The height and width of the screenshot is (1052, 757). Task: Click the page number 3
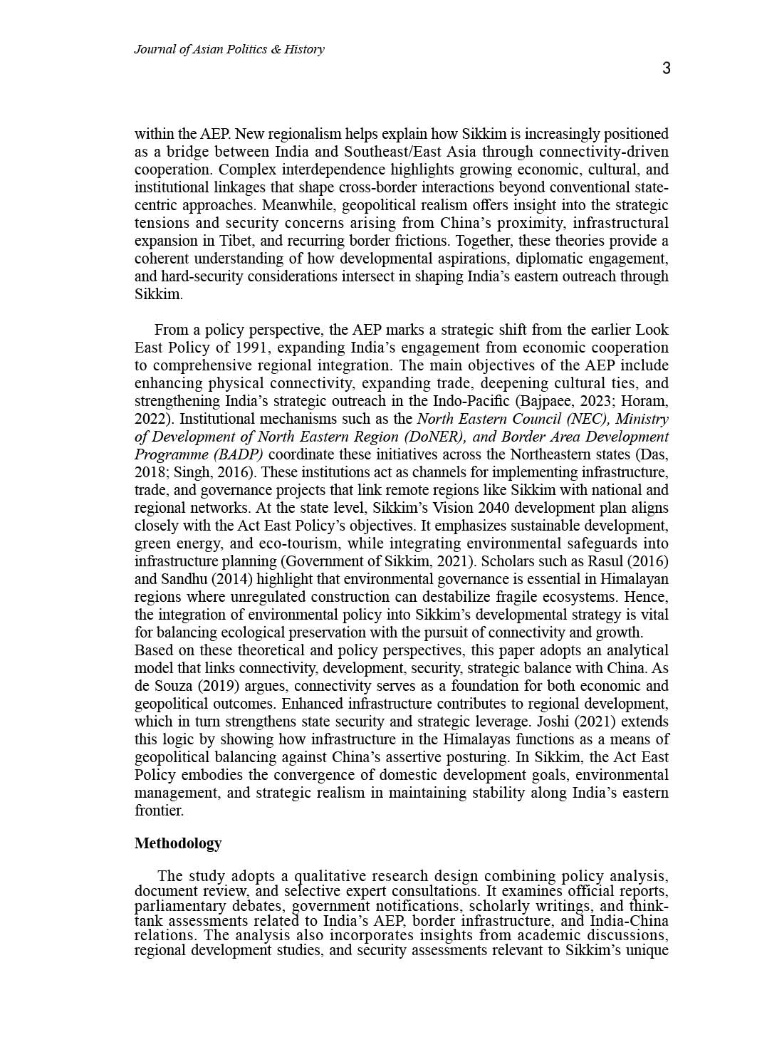(x=666, y=68)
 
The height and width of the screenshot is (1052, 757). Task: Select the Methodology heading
(x=178, y=843)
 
